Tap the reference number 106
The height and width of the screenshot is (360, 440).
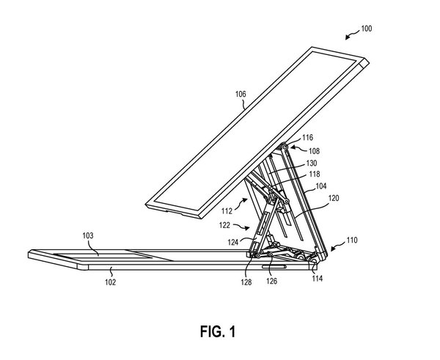[x=241, y=95]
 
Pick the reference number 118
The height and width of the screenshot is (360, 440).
[x=313, y=175]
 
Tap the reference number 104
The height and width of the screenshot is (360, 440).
[x=321, y=186]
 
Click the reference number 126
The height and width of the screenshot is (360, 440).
[x=271, y=279]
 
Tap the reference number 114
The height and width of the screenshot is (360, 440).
[x=318, y=278]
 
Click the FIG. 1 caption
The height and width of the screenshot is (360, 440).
[x=219, y=331]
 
